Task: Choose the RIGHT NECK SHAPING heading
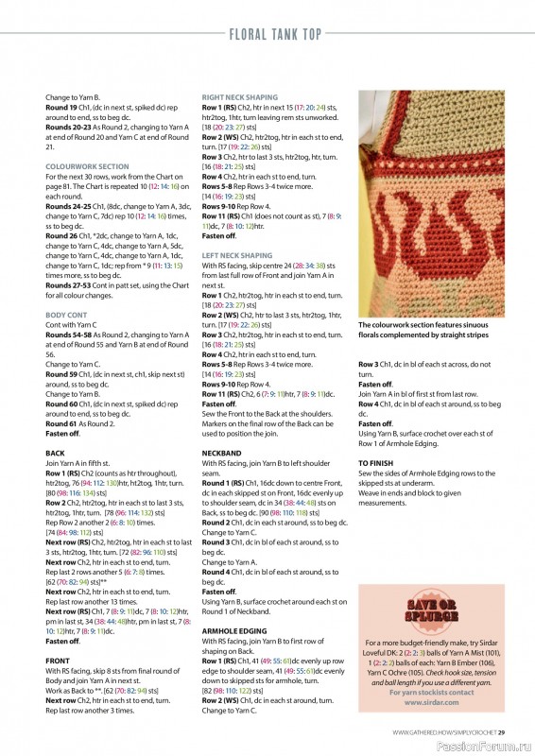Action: coord(240,97)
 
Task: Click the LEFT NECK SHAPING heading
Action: coord(237,255)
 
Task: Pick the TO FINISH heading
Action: coord(377,463)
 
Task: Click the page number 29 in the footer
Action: coord(502,731)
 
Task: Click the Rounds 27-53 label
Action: coord(69,283)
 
